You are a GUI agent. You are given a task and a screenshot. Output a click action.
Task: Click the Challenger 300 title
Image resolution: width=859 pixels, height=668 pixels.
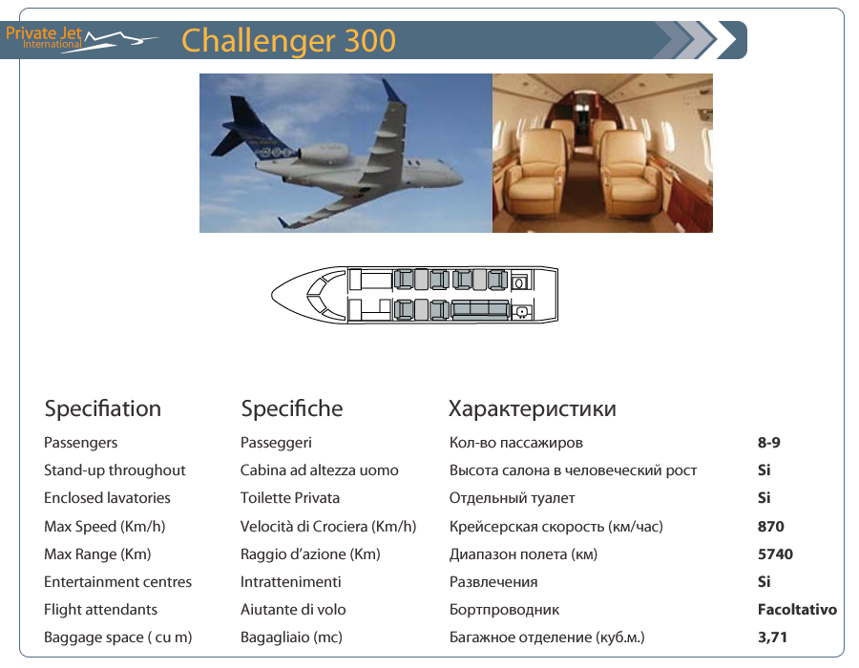(x=288, y=41)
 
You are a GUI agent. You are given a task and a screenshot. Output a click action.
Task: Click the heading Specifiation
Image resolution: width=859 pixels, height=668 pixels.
(x=103, y=409)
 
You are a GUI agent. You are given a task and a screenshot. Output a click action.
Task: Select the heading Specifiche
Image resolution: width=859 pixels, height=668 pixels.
(x=292, y=409)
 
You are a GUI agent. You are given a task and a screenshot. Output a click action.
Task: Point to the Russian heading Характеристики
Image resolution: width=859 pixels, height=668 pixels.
(x=533, y=409)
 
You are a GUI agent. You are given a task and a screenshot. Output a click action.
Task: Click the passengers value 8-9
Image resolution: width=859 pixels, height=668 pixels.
(x=769, y=443)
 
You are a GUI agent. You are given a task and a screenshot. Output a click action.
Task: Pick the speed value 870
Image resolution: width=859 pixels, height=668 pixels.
(x=771, y=526)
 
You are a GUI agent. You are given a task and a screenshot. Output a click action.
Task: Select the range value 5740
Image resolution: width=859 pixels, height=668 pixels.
(x=775, y=554)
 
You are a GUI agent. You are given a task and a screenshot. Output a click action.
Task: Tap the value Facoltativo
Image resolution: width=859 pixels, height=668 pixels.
(x=797, y=610)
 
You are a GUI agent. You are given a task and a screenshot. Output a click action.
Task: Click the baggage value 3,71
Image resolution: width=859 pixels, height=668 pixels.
(x=772, y=637)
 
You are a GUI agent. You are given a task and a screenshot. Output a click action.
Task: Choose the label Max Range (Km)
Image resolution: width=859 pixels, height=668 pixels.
(x=97, y=554)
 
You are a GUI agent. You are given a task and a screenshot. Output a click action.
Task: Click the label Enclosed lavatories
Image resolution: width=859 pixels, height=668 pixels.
(x=107, y=498)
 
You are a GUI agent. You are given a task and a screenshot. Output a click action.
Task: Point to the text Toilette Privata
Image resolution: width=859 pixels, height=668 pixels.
(x=290, y=498)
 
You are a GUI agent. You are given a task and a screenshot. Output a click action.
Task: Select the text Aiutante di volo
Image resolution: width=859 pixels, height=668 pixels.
(x=293, y=610)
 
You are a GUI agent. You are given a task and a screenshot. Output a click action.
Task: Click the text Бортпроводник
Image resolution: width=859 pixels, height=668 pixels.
(x=504, y=610)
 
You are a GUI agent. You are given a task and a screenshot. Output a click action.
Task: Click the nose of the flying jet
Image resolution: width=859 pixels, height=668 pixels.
(x=458, y=178)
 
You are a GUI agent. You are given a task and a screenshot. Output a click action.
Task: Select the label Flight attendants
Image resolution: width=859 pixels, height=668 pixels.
(x=101, y=610)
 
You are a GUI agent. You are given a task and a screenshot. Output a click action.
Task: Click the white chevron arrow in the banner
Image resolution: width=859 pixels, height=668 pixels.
(x=727, y=40)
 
